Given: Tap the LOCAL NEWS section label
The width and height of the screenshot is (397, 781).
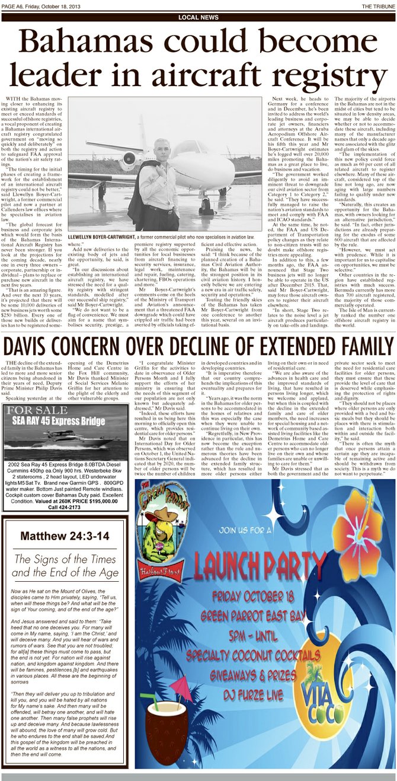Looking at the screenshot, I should click(x=198, y=18).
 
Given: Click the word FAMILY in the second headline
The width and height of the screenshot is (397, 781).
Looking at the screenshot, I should click(x=355, y=347).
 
